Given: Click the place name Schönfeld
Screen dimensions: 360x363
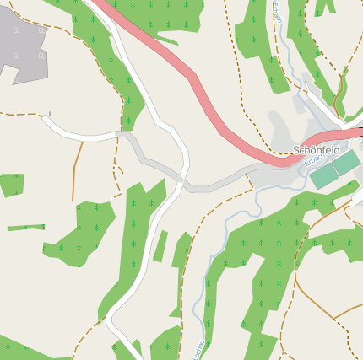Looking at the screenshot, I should coord(316,150).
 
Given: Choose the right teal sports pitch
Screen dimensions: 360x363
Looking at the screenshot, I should coord(344,163).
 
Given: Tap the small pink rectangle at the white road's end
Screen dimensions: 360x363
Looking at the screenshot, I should coord(50,113).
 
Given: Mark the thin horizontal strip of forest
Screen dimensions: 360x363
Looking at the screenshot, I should coord(25,227).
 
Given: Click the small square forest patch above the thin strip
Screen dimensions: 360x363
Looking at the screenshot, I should coord(10,184).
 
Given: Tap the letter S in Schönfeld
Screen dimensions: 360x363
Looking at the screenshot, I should coord(296,150).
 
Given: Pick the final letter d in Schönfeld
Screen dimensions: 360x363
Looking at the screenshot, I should coord(336,150).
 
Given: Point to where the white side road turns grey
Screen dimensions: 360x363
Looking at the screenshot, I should coord(118,133).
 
